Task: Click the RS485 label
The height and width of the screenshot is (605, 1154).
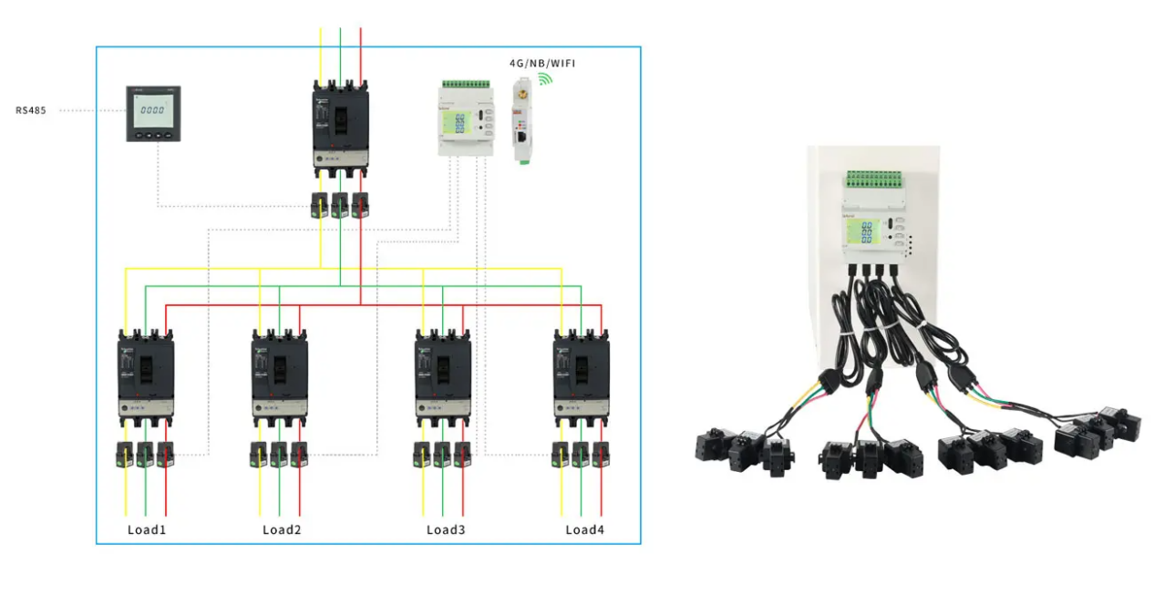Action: (x=30, y=110)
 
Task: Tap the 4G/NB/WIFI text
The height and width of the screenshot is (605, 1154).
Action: (x=541, y=63)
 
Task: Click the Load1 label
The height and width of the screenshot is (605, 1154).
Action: (x=146, y=529)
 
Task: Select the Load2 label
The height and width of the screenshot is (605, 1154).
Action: (x=282, y=529)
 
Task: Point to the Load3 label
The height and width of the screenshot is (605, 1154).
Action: (x=446, y=529)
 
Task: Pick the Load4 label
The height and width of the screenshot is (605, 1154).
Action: (x=584, y=529)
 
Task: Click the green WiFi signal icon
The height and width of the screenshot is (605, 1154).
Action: (x=546, y=79)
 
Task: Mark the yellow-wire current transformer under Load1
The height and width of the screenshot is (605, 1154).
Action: (x=126, y=453)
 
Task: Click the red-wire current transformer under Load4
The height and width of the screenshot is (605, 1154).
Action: (x=601, y=453)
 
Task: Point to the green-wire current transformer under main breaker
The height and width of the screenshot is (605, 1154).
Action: (x=340, y=204)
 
